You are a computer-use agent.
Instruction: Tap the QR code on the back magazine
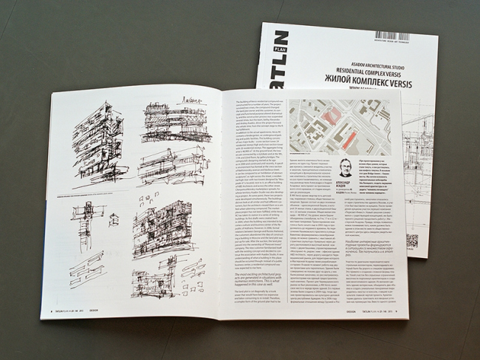[x=412, y=241]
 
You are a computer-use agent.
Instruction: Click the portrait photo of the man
[x=344, y=167]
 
